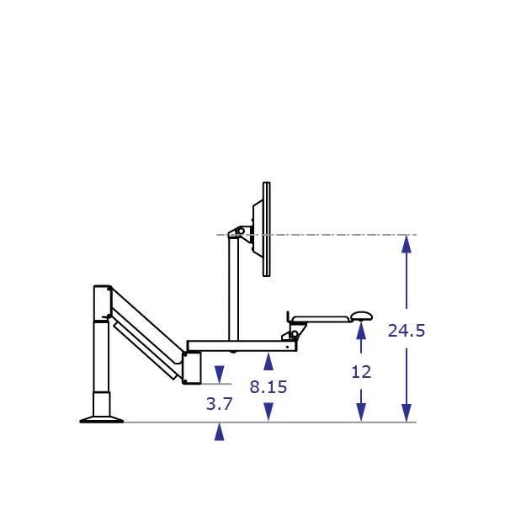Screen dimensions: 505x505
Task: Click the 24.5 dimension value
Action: click(407, 331)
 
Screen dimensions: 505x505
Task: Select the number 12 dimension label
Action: click(361, 372)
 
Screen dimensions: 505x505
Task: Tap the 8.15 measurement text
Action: click(268, 387)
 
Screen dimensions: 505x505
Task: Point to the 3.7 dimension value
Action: click(219, 404)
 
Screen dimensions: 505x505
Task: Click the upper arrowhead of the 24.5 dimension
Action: click(407, 244)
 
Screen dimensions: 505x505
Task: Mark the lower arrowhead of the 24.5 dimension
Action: click(407, 412)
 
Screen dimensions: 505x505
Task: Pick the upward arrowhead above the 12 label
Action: click(361, 332)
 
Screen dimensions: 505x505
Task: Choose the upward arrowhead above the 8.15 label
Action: click(268, 361)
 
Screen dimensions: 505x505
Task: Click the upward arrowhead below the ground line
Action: click(219, 432)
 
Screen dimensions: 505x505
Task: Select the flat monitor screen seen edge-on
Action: click(266, 229)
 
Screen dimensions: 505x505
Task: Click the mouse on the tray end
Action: click(362, 316)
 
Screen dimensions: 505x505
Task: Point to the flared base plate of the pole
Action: click(101, 418)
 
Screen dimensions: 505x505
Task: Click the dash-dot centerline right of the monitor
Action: click(337, 234)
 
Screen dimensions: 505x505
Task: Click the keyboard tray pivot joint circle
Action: click(295, 334)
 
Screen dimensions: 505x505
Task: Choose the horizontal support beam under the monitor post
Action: click(241, 345)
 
